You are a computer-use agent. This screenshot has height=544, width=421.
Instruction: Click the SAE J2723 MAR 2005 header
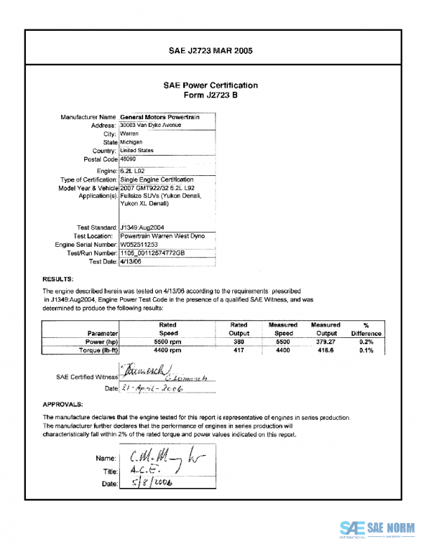(210, 51)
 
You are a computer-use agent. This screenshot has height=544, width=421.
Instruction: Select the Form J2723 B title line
(210, 95)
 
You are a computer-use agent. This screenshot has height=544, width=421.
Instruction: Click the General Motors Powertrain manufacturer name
(159, 117)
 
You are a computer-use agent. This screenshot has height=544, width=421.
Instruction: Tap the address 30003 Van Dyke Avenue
(151, 125)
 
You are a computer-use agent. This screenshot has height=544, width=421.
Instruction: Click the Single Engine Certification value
(156, 179)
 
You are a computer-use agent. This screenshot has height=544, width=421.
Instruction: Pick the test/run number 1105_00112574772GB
(152, 253)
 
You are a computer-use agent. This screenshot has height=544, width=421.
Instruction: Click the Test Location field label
(95, 236)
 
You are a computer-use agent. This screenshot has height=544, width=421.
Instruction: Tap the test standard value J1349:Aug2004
(141, 227)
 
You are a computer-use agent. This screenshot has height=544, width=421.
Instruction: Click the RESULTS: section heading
(58, 278)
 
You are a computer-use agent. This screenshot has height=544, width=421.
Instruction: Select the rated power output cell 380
(239, 342)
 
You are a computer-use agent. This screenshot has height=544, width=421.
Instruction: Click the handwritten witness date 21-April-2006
(152, 388)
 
